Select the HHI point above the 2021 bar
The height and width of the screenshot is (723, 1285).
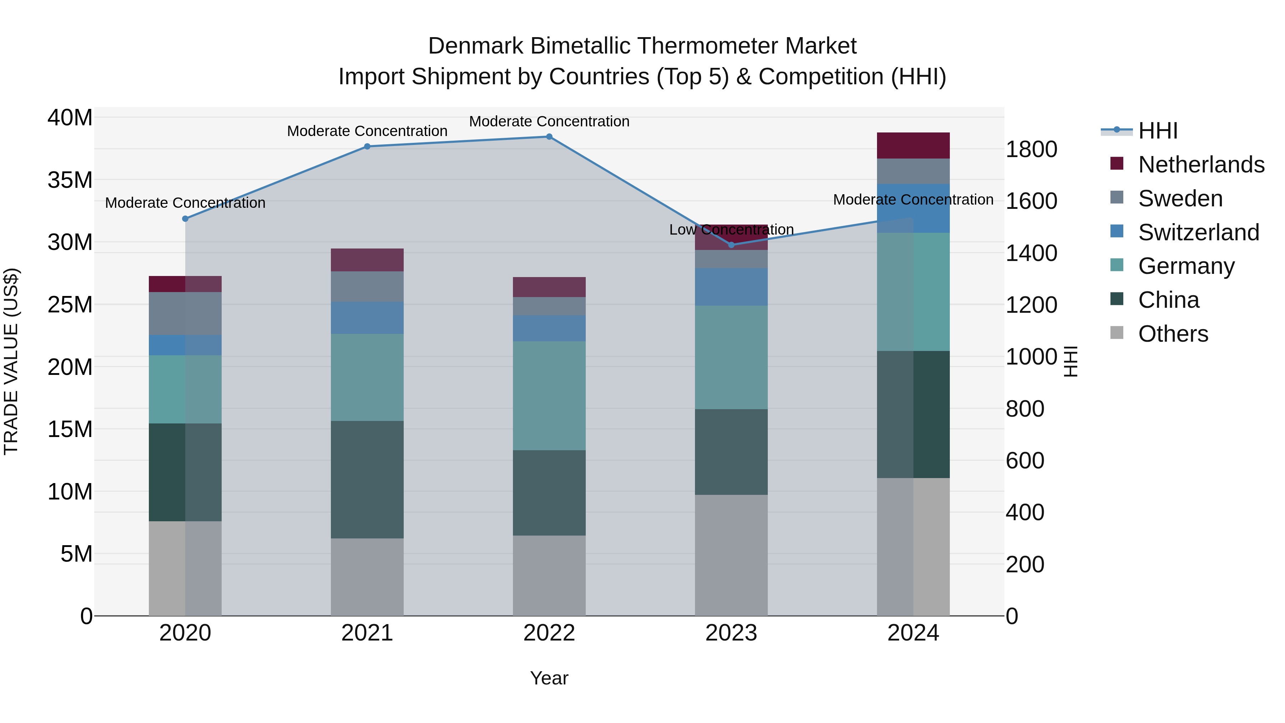(367, 146)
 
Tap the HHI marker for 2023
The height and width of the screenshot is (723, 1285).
(731, 245)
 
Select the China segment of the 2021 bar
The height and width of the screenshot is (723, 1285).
(367, 480)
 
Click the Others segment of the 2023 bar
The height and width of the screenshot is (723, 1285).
(731, 555)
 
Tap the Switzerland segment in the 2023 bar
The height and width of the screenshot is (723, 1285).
(731, 287)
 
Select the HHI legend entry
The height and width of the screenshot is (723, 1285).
(1157, 131)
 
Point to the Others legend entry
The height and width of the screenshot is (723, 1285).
(1172, 334)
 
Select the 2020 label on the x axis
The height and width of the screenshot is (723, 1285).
(185, 633)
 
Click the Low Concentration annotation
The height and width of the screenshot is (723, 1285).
(731, 230)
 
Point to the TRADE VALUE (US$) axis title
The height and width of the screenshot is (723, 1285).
(11, 361)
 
